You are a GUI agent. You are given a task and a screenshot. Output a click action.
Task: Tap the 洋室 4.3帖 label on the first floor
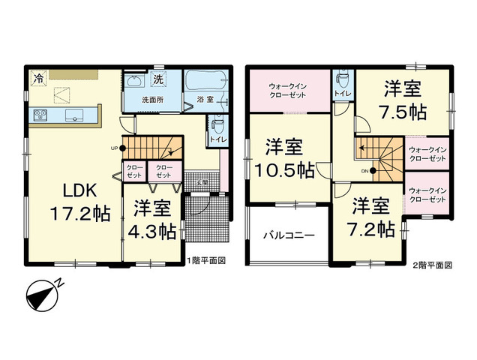pyautogui.click(x=152, y=220)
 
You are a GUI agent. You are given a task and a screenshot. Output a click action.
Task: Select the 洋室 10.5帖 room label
pyautogui.click(x=284, y=158)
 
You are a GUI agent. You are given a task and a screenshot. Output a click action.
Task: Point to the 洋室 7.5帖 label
pyautogui.click(x=403, y=100)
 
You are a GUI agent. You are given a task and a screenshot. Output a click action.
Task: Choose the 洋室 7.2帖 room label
pyautogui.click(x=370, y=217)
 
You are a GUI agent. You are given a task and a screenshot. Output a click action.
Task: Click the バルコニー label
pyautogui.click(x=289, y=235)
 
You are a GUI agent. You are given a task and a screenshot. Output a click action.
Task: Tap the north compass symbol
pyautogui.click(x=43, y=295)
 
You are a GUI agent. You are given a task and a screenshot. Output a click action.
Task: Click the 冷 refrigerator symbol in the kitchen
pyautogui.click(x=39, y=79)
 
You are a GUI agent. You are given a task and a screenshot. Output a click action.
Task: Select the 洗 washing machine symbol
pyautogui.click(x=158, y=79)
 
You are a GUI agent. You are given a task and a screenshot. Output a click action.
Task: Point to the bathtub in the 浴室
pyautogui.click(x=206, y=80)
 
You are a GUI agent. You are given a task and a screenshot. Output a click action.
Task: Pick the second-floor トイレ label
pyautogui.click(x=343, y=93)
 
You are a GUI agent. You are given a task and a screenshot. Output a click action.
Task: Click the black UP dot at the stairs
pyautogui.click(x=122, y=148)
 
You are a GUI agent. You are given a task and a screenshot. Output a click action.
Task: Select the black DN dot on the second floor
pyautogui.click(x=373, y=171)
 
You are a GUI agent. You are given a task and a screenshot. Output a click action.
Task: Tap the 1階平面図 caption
pyautogui.click(x=206, y=261)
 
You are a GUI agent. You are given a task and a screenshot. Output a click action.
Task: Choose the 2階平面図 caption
pyautogui.click(x=432, y=265)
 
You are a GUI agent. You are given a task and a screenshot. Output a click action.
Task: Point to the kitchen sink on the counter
pyautogui.click(x=74, y=115)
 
